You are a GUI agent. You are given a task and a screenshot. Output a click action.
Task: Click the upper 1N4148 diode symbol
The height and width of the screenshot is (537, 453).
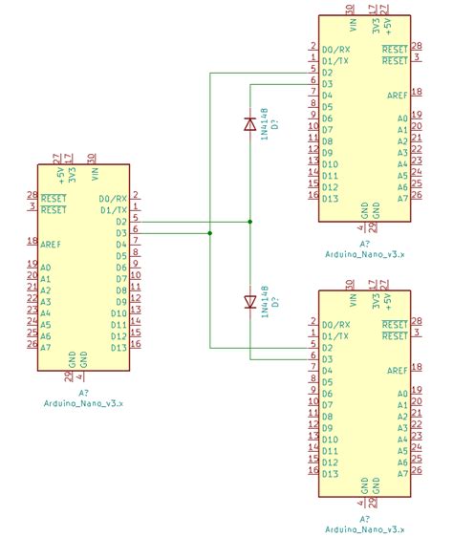pyautogui.click(x=249, y=123)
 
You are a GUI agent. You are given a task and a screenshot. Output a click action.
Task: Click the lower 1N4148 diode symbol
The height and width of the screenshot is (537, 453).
pyautogui.click(x=249, y=302)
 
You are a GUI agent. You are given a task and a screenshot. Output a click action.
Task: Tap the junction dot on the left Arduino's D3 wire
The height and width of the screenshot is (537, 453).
pyautogui.click(x=210, y=232)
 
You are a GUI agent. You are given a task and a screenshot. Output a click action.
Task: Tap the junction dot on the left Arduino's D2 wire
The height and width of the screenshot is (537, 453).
pyautogui.click(x=249, y=222)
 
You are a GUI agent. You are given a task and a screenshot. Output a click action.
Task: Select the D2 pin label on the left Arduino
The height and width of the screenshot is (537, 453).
pyautogui.click(x=120, y=222)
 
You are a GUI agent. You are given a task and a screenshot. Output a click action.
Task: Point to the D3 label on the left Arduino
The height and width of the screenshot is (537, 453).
pyautogui.click(x=120, y=233)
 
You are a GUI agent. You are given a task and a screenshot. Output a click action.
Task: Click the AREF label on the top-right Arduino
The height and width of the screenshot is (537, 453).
pyautogui.click(x=397, y=96)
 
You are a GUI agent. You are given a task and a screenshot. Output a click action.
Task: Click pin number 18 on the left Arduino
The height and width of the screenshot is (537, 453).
pyautogui.click(x=32, y=243)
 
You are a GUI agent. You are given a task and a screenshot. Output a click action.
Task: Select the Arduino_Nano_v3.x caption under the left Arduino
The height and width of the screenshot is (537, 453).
pyautogui.click(x=83, y=403)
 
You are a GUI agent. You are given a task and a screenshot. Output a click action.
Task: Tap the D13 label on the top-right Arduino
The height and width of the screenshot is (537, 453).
pyautogui.click(x=331, y=199)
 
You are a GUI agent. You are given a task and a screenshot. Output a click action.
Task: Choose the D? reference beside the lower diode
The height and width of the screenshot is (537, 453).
pyautogui.click(x=274, y=303)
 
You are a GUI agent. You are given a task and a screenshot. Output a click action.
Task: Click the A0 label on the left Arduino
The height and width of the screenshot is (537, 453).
pyautogui.click(x=46, y=268)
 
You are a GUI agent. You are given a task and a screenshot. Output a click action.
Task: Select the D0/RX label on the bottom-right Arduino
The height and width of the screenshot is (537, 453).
pyautogui.click(x=335, y=325)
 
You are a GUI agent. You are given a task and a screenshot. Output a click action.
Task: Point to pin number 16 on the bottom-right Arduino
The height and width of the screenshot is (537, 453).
pyautogui.click(x=313, y=471)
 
